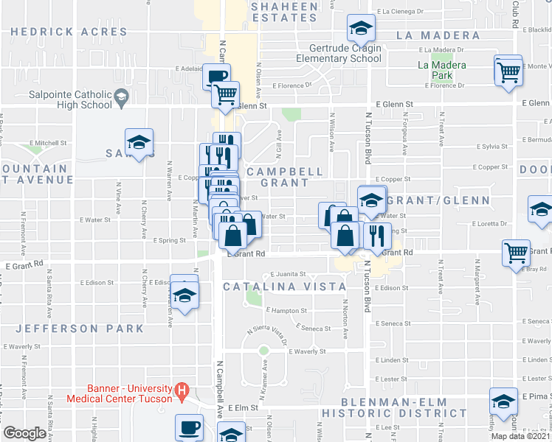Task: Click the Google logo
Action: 25,433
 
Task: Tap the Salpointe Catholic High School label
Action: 70,99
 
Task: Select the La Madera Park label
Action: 442,70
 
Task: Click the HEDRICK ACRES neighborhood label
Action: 69,32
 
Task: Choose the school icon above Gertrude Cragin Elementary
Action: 361,29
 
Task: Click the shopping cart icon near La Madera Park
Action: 508,71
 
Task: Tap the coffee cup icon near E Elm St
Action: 189,427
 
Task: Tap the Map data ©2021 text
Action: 521,436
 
